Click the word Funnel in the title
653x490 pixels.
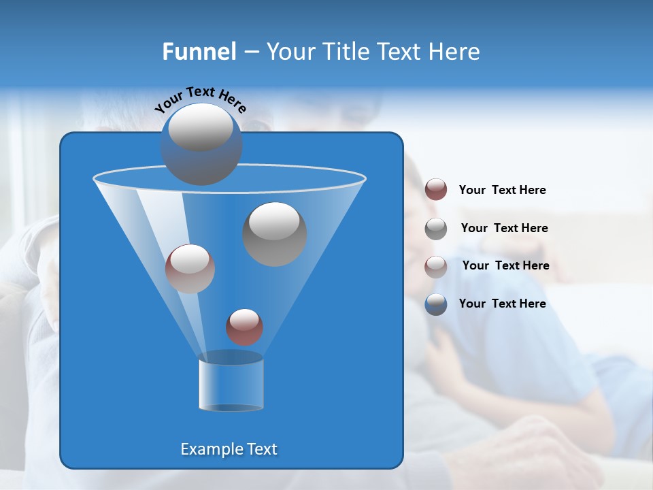[x=199, y=52]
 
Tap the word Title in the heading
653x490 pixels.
[x=346, y=52]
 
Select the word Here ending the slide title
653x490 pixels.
[x=456, y=52]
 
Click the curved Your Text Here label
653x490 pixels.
[x=200, y=99]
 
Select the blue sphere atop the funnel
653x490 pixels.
[x=201, y=144]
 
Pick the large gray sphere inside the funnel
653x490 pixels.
[x=274, y=233]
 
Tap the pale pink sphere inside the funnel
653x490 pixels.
[x=190, y=268]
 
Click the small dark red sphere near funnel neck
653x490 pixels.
[x=244, y=327]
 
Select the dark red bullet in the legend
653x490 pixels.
[x=436, y=190]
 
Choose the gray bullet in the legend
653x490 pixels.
[x=436, y=228]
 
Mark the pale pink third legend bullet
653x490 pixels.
[x=436, y=266]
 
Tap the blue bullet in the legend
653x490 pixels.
[x=436, y=304]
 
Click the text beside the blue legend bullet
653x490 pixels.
[x=502, y=304]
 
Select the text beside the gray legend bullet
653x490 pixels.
[x=504, y=228]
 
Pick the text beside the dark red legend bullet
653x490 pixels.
[x=502, y=191]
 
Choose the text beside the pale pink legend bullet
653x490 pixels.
[x=505, y=265]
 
